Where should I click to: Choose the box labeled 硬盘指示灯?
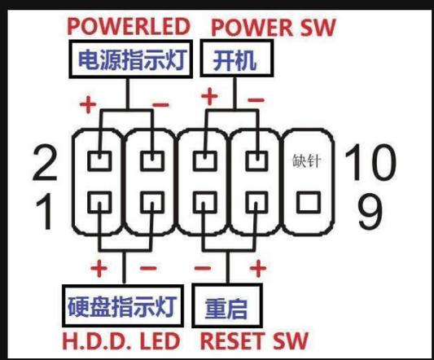click(x=122, y=308)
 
